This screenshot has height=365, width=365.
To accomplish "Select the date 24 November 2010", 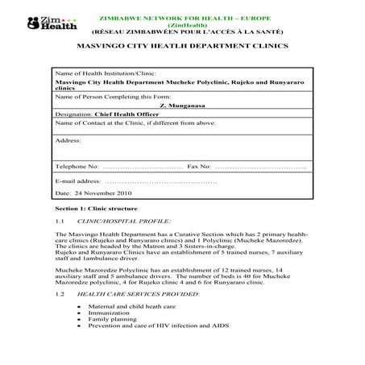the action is tap(91, 194).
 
